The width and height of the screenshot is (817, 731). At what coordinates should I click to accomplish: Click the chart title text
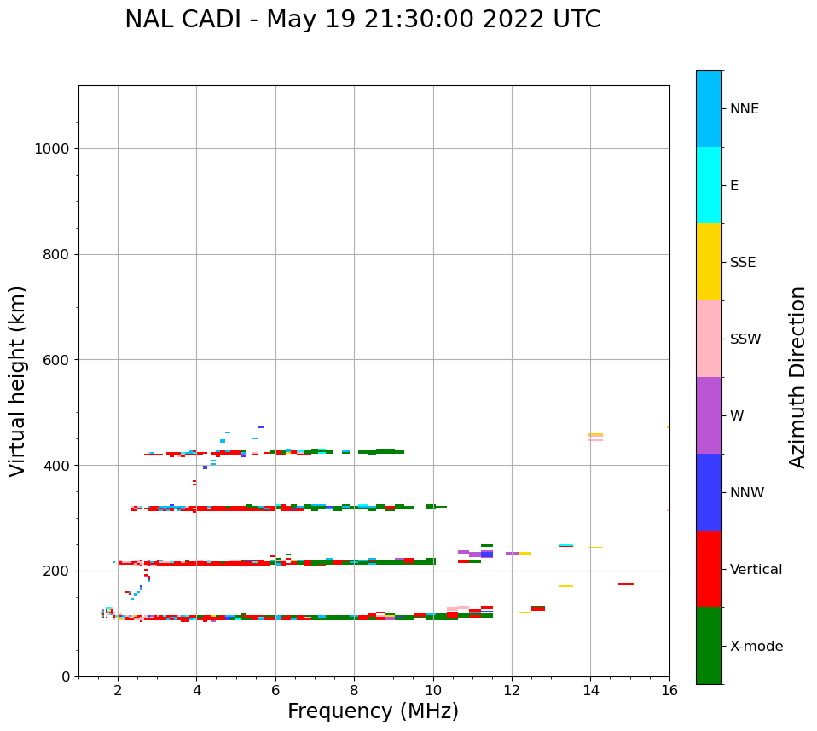pos(362,20)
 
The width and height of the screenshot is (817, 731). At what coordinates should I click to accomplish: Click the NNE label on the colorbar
pos(744,109)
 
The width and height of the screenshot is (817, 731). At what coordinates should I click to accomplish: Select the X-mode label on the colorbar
pos(756,647)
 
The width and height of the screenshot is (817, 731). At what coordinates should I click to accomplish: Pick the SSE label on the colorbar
pos(743,263)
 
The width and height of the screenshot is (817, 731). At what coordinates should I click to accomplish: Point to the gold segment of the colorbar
pos(709,262)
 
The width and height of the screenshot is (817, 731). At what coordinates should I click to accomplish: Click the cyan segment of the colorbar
pos(709,185)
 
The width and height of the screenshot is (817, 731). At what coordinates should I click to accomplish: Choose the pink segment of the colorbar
pos(709,339)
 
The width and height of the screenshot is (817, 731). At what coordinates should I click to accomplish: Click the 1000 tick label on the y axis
pos(51,149)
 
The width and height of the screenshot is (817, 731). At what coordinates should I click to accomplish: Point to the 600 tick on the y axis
pos(56,360)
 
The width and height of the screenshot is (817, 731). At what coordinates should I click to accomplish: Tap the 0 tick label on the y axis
pos(65,676)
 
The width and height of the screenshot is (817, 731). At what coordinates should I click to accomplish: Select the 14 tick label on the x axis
pos(590,690)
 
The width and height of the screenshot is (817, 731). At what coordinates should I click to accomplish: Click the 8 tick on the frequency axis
pos(354,690)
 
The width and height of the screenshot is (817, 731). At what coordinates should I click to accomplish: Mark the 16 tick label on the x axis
pos(669,690)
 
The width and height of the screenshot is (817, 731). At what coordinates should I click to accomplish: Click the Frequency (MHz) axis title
pos(373,711)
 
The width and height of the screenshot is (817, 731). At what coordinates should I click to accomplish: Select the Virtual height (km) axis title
pos(18,380)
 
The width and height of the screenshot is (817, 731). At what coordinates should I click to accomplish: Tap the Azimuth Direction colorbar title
pos(797,377)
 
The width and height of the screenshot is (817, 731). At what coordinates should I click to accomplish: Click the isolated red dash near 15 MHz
pos(625,584)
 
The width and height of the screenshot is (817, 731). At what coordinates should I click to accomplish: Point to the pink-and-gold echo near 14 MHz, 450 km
pos(595,437)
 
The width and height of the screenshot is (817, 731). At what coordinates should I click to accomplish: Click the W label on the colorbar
pos(737,416)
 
